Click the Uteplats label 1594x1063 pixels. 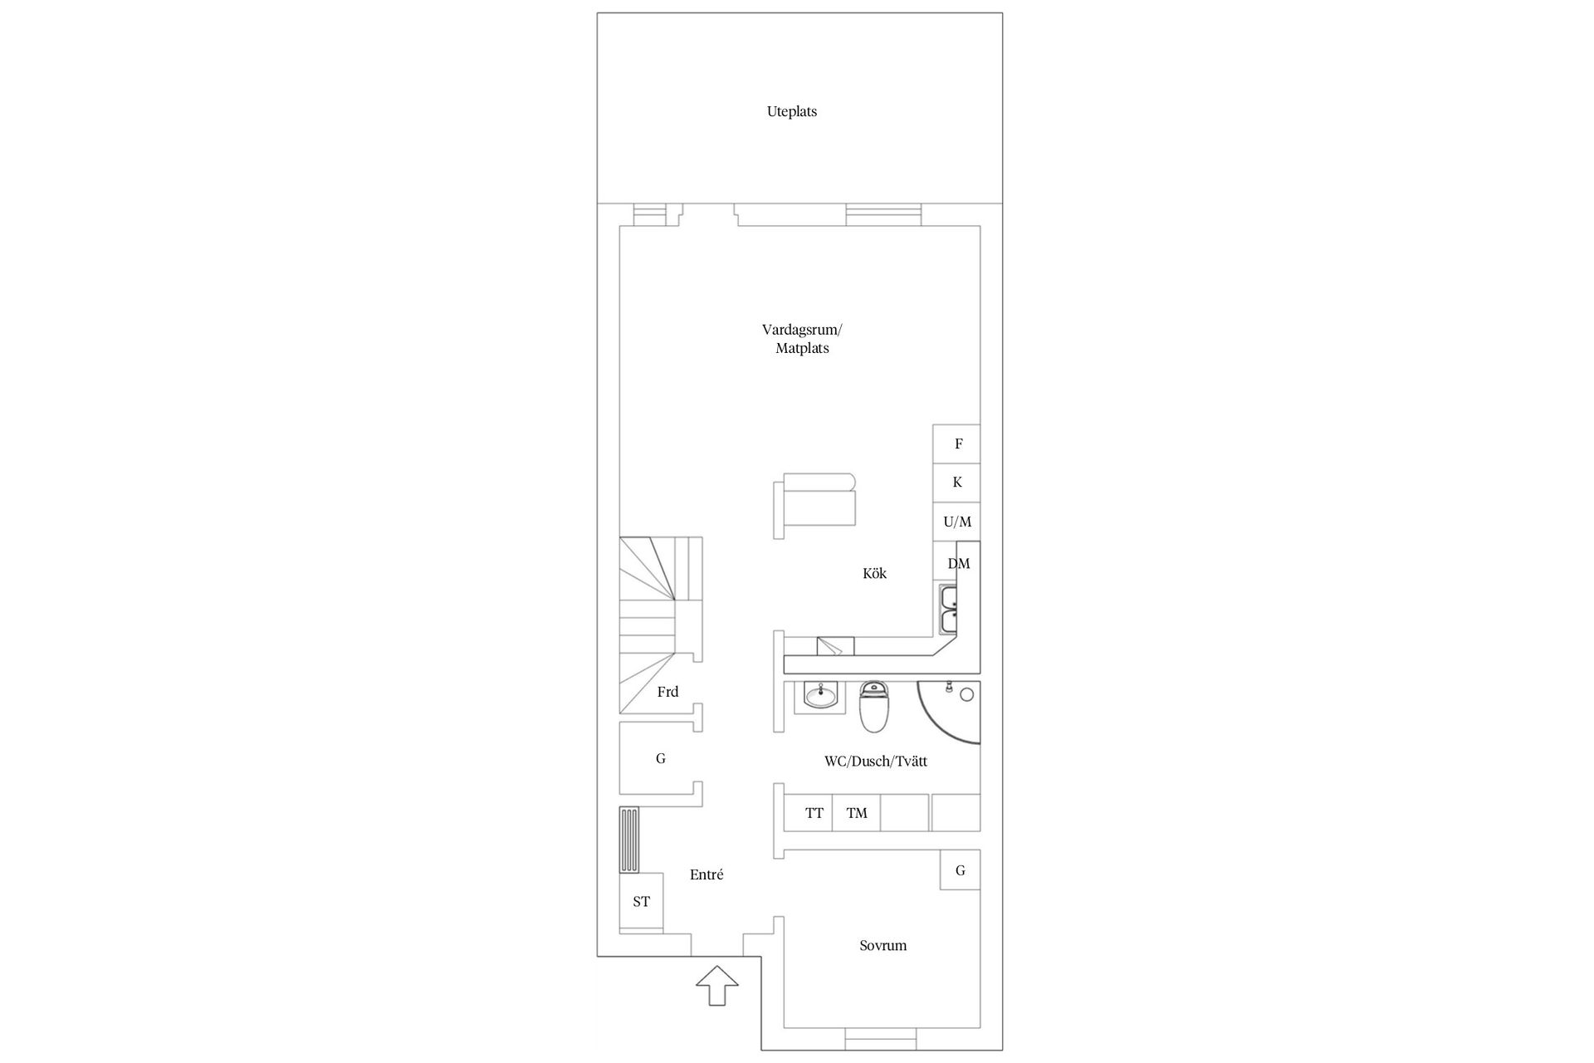tap(791, 111)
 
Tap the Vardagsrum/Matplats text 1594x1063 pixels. tap(801, 339)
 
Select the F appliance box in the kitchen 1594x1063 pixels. tap(956, 443)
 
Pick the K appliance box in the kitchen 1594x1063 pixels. tap(956, 483)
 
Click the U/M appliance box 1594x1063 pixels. tap(956, 522)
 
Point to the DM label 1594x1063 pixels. tap(958, 564)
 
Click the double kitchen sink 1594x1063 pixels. tap(948, 609)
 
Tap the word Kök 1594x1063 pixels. tap(874, 574)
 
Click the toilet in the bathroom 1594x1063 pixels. tap(873, 708)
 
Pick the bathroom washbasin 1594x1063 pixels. tap(821, 696)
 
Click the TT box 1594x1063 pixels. tap(814, 813)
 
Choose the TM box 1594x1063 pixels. tap(856, 813)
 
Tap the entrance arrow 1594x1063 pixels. tap(716, 985)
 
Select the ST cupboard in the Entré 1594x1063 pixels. tap(641, 902)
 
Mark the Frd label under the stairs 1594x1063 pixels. tap(667, 692)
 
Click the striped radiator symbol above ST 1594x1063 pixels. tap(630, 840)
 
